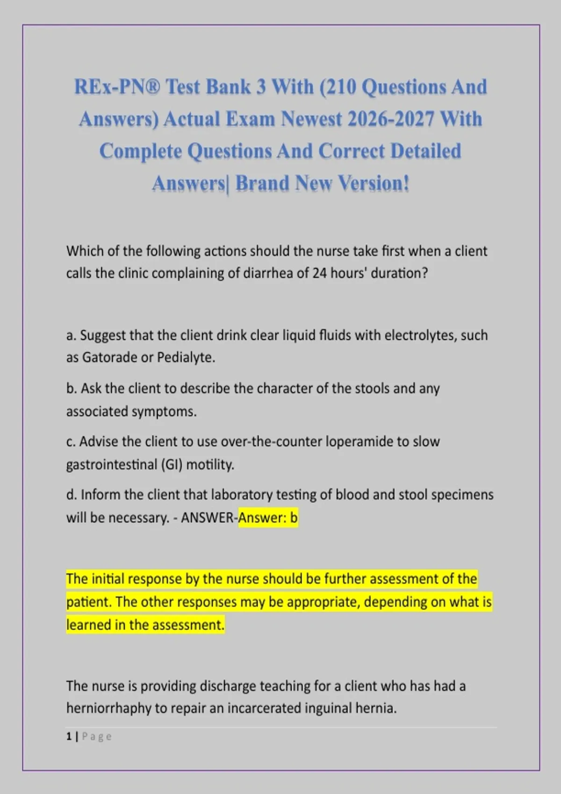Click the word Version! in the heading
pos(374,183)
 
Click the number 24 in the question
pos(319,273)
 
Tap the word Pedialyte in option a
pos(186,358)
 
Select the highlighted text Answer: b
pos(268,518)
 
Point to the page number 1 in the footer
pos(69,737)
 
